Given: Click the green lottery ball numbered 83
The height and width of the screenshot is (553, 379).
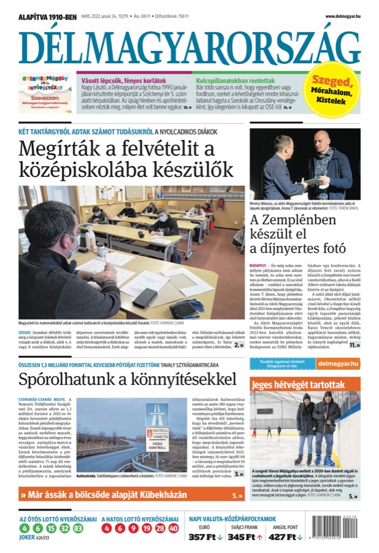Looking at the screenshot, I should (x=77, y=528).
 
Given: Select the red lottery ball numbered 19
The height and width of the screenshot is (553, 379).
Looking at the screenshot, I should (x=146, y=528).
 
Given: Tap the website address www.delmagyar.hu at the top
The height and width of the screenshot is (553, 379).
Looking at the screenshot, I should (x=342, y=17).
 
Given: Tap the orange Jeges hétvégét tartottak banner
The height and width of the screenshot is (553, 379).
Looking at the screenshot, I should (x=305, y=385).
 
